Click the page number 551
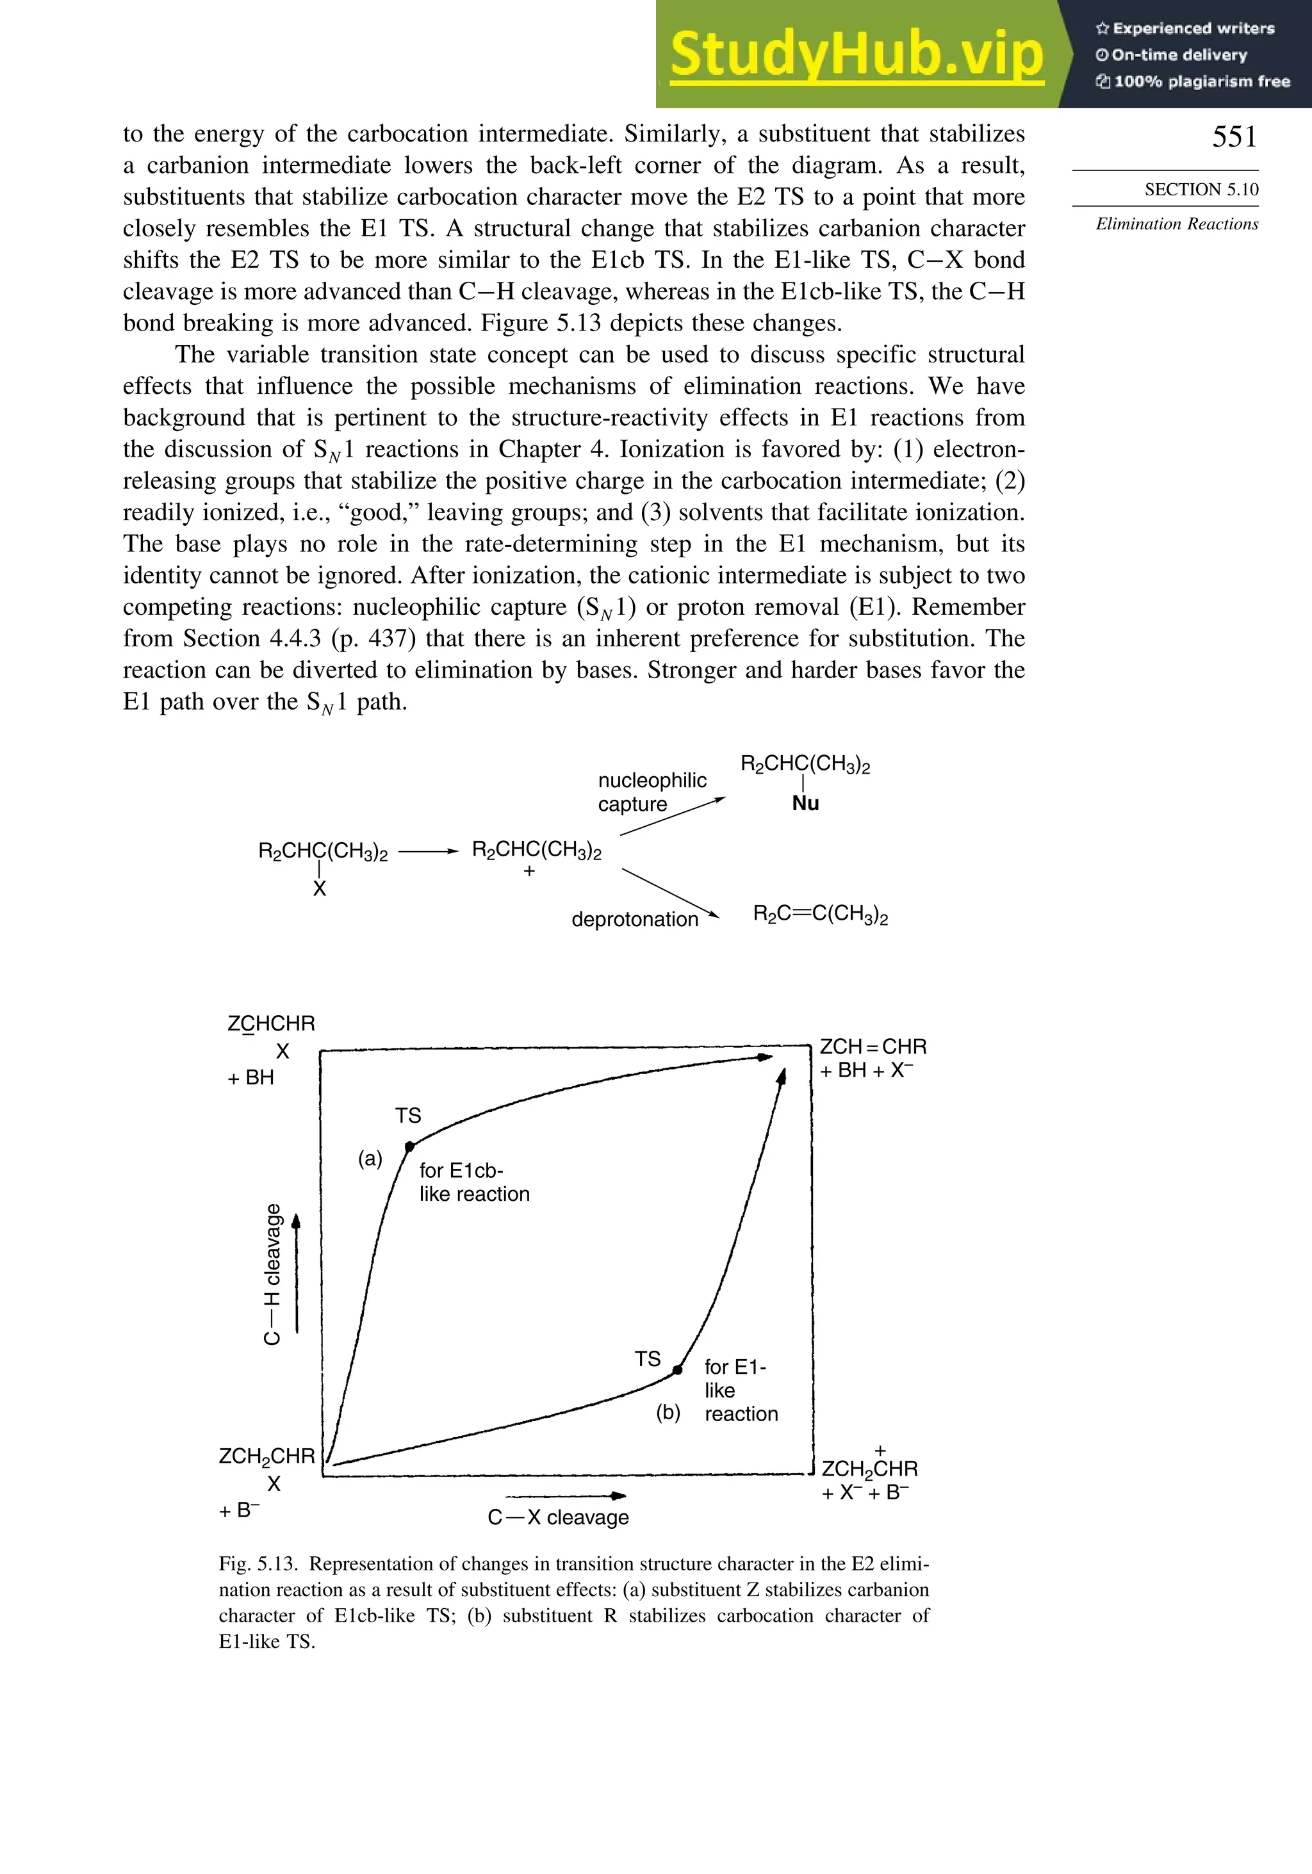pos(1234,136)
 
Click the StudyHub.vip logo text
pos(856,54)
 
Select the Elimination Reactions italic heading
pos(1176,224)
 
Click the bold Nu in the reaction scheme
pos(805,803)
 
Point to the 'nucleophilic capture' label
pos(652,792)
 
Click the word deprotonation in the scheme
pos(634,919)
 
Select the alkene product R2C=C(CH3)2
pos(820,914)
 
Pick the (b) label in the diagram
pos(668,1412)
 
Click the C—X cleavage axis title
pos(559,1517)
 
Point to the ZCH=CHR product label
pos(872,1047)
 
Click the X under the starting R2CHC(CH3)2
pos(319,889)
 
